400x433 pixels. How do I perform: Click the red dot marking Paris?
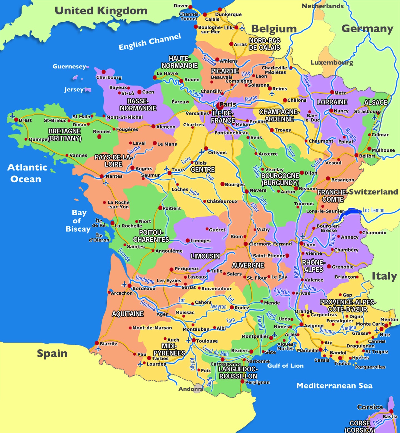[x=220, y=106]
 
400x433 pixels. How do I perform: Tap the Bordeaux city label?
[x=144, y=288]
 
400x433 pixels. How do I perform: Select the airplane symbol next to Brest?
[x=12, y=116]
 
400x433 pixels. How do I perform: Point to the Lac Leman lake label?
[x=374, y=210]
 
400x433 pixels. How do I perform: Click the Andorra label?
[x=190, y=389]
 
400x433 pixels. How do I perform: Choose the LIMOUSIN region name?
[x=205, y=256]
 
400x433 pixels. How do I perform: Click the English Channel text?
[x=150, y=42]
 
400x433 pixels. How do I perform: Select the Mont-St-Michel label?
[x=125, y=117]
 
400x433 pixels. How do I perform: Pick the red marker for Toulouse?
[x=194, y=340]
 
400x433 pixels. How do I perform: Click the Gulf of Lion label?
[x=285, y=366]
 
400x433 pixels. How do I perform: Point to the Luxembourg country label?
[x=332, y=62]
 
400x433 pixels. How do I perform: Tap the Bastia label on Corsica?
[x=390, y=417]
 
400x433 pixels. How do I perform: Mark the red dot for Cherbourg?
[x=104, y=72]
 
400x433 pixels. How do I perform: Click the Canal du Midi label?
[x=215, y=351]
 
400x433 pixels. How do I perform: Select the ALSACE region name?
[x=376, y=102]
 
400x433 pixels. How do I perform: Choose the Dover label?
[x=181, y=6]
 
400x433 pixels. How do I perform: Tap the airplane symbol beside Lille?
[x=242, y=28]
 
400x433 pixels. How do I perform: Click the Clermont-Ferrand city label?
[x=270, y=244]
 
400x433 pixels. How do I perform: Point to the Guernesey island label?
[x=69, y=67]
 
